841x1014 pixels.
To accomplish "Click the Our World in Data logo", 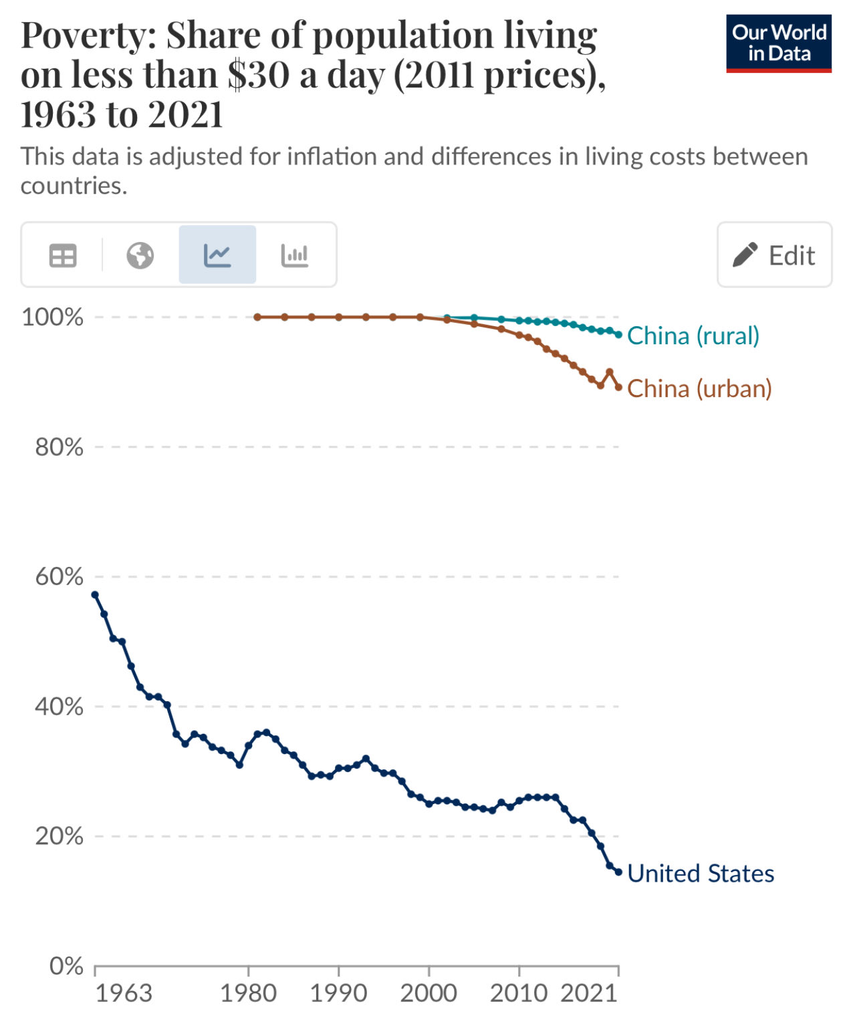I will point(778,43).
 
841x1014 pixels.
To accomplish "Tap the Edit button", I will point(774,255).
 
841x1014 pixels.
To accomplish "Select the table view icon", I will point(63,255).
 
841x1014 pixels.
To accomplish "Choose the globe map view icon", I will point(140,255).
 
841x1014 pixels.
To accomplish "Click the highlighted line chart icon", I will point(217,255).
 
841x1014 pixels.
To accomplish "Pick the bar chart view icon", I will point(295,255).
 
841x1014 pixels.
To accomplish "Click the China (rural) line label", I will point(693,336).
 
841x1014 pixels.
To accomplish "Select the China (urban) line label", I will point(699,388).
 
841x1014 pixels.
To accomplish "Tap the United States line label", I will point(700,874).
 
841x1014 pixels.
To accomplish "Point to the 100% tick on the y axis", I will point(53,317).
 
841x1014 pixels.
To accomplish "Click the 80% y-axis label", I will point(59,447).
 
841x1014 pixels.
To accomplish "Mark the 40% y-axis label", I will point(59,707).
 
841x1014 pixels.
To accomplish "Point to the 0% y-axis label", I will point(66,966).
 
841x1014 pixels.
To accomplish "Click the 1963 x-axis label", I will point(124,993).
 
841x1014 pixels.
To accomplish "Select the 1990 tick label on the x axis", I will point(338,993).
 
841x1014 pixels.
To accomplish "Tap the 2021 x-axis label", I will point(588,993).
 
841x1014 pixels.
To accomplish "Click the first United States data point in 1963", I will point(95,594).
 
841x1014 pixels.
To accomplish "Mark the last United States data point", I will point(618,872).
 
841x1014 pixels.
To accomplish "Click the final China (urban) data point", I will point(618,387).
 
